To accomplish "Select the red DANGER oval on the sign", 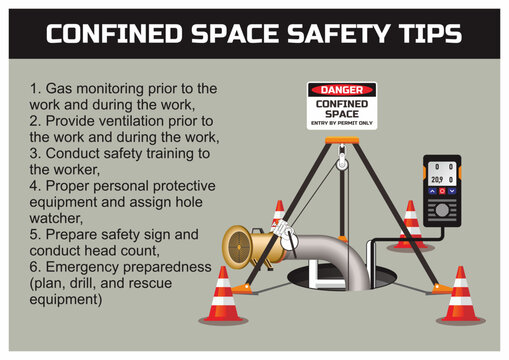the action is pos(342,90).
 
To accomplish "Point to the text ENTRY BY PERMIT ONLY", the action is pos(342,123).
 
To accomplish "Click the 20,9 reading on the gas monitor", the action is pos(437,180).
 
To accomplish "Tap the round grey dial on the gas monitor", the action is pos(442,210).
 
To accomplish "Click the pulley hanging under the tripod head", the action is pos(341,163).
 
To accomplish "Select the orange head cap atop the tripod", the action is pos(342,140).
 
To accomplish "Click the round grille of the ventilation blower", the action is pos(238,247).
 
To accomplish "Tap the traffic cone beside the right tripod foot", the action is pos(461,296).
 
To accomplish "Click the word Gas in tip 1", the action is pos(59,89).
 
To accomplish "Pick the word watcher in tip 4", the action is pos(56,218).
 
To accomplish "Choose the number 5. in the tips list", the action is pos(35,234).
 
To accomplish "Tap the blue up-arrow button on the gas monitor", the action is pos(432,191).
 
